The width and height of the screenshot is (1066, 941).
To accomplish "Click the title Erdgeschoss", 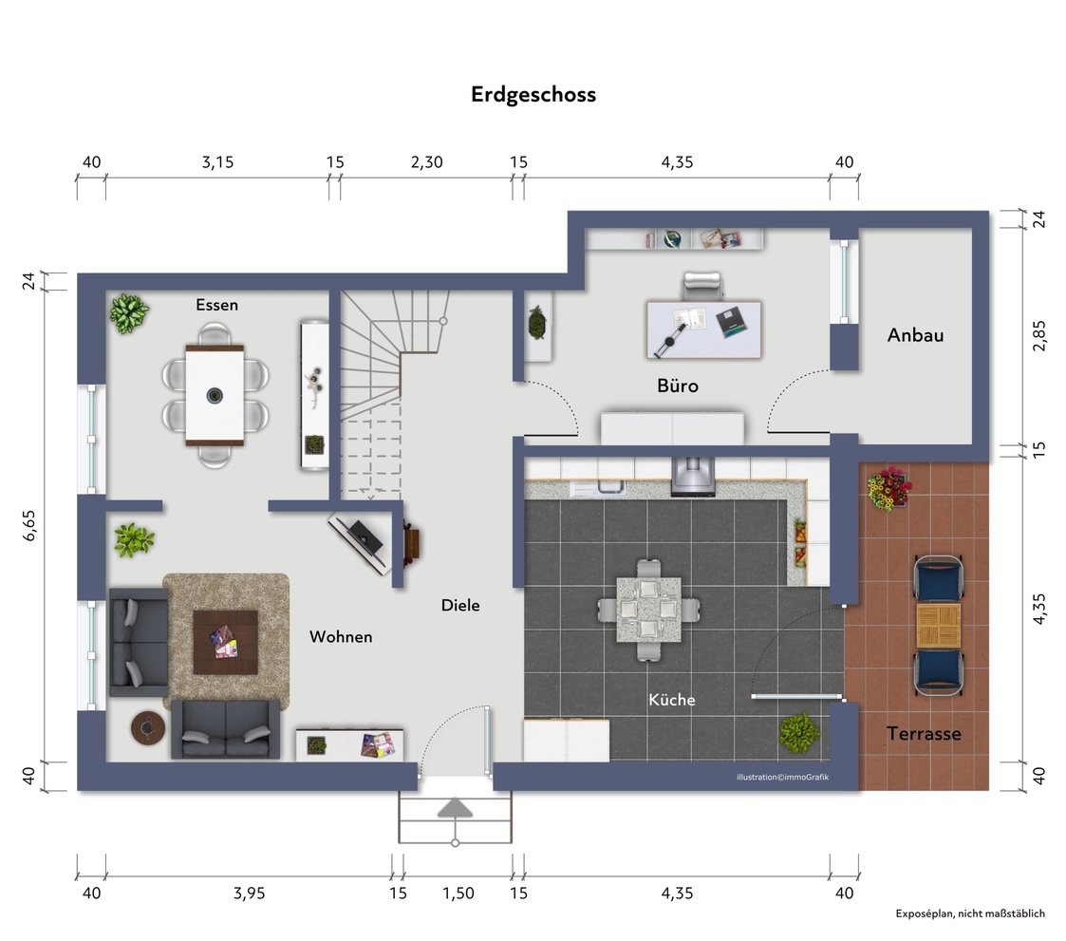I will (x=533, y=95).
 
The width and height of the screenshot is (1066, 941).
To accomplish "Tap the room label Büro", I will (x=678, y=386).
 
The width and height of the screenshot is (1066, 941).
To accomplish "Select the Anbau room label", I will (x=915, y=335).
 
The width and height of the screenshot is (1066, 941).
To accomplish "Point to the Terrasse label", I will (x=924, y=733).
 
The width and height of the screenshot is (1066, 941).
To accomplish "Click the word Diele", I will (x=460, y=605).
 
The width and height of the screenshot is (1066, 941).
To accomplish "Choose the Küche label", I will (x=671, y=700).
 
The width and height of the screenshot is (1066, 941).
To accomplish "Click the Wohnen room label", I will (x=341, y=636).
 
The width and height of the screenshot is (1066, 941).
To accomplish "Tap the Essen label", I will (x=216, y=305).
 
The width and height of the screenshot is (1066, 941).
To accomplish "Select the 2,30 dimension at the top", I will (x=426, y=162).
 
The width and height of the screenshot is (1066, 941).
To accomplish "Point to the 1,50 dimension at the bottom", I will (x=458, y=893).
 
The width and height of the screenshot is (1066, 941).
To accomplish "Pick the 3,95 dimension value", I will (x=249, y=893).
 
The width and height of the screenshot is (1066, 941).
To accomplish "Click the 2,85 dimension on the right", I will (x=1038, y=335).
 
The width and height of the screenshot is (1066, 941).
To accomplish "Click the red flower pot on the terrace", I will (x=886, y=488).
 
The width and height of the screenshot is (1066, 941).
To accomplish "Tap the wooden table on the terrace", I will (x=938, y=626).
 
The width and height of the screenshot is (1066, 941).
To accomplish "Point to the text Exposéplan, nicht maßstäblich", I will (x=969, y=913).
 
